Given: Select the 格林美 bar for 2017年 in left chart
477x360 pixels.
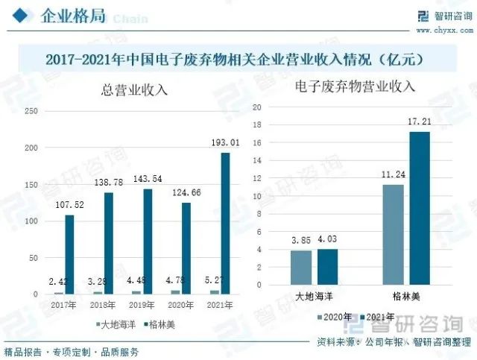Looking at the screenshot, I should coord(69,254).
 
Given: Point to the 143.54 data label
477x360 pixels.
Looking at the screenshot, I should coord(147,180).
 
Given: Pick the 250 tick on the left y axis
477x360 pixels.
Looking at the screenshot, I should coord(32,111).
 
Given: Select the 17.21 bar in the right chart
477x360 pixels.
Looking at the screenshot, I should coord(419,208).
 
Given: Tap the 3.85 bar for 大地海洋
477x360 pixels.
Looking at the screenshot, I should coord(301,267).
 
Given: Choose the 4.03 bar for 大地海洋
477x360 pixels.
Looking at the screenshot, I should coord(327,266).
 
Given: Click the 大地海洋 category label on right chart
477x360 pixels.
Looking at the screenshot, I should coord(315,296).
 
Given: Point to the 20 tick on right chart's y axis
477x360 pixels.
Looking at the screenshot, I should coord(256,107).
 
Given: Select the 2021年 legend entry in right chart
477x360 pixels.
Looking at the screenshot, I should coord(379,318).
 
